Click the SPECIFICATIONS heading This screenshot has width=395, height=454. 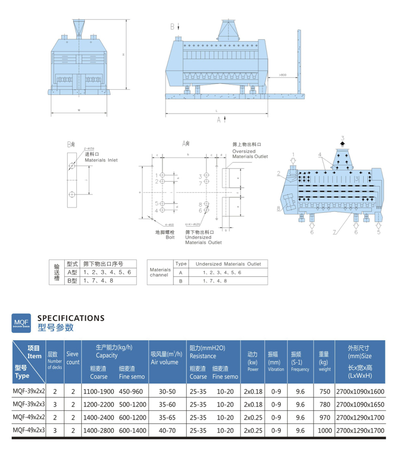(x=71, y=318)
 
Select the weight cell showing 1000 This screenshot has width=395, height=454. (x=324, y=430)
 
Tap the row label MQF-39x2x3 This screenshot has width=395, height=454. (x=29, y=404)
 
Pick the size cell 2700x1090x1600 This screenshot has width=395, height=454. (x=360, y=392)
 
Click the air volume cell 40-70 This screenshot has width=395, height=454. (x=167, y=430)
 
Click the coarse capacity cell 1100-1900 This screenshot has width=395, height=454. (x=99, y=392)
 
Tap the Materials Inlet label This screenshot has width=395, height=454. (x=101, y=160)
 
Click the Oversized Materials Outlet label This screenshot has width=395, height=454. (x=250, y=154)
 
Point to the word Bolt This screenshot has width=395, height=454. (x=170, y=237)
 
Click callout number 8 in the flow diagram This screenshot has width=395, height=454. (x=278, y=208)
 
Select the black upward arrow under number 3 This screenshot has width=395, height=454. (x=342, y=143)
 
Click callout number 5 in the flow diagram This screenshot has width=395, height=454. (x=379, y=232)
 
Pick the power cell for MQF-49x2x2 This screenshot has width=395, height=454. (x=253, y=418)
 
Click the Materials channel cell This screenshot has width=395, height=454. (x=160, y=272)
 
